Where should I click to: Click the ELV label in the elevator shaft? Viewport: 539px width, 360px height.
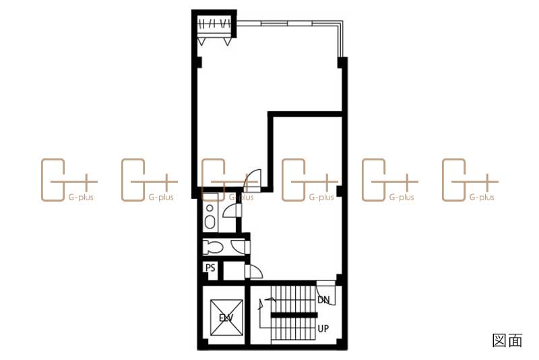pyautogui.click(x=226, y=318)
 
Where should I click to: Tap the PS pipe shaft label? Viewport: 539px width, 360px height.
pyautogui.click(x=210, y=268)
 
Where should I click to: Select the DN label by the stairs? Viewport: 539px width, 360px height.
pyautogui.click(x=323, y=300)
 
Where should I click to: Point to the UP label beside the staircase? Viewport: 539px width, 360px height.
pyautogui.click(x=323, y=329)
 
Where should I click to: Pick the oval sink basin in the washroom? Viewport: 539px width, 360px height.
pyautogui.click(x=210, y=222)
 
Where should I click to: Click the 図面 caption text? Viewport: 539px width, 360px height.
pyautogui.click(x=507, y=340)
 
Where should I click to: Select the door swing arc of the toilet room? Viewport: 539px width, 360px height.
pyautogui.click(x=237, y=247)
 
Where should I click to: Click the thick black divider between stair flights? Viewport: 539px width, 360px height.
pyautogui.click(x=294, y=315)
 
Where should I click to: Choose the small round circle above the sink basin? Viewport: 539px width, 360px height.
pyautogui.click(x=210, y=208)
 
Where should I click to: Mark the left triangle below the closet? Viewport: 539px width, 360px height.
pyautogui.click(x=201, y=42)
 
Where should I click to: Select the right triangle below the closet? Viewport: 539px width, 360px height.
pyautogui.click(x=227, y=42)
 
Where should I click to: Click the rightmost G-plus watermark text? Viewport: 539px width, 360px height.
pyautogui.click(x=482, y=198)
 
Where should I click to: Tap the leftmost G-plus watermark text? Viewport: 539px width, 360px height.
pyautogui.click(x=81, y=198)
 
